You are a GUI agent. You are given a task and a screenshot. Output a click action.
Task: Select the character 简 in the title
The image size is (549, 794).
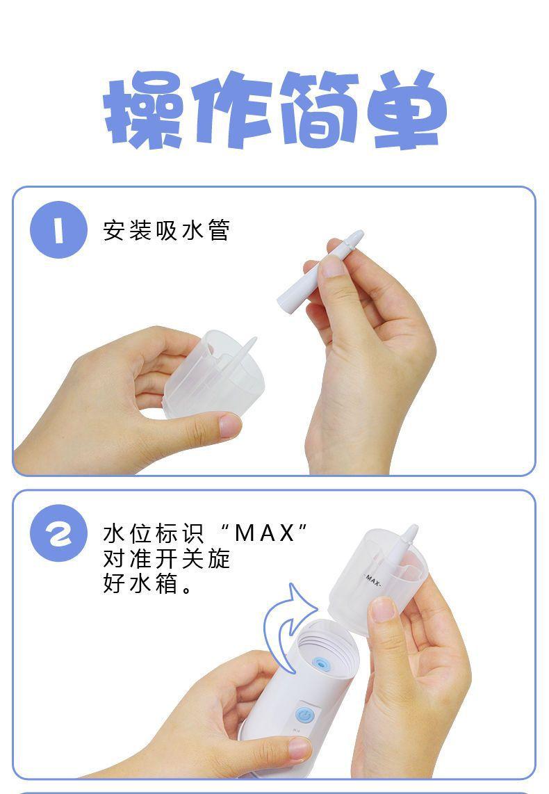point(320,109)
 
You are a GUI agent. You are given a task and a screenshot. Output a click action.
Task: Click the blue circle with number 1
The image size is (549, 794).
point(58,230)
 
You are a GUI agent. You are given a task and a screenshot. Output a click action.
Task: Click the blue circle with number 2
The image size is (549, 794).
point(58,533)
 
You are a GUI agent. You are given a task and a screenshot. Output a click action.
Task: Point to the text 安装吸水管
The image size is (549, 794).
point(167,230)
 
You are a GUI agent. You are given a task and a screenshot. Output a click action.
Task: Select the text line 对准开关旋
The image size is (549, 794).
point(167,558)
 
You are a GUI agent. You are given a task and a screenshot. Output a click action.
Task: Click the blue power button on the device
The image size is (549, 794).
point(304,715)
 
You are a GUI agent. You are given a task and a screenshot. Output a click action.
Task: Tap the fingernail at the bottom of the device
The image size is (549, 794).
point(300,748)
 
